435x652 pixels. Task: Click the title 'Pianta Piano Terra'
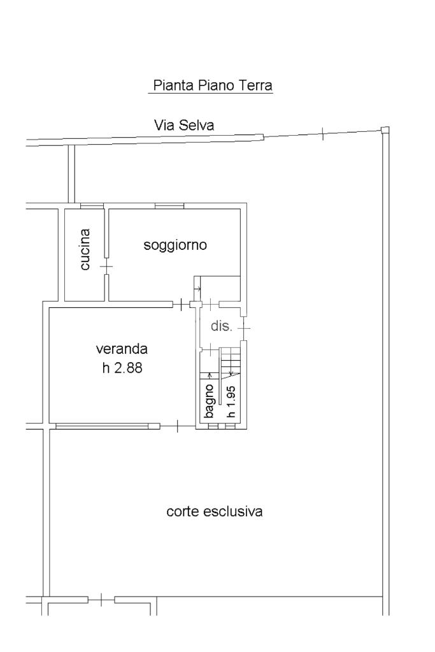click(x=212, y=85)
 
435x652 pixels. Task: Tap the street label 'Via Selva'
click(x=184, y=125)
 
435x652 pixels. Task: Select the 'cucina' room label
click(x=85, y=249)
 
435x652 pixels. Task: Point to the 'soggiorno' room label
click(x=175, y=245)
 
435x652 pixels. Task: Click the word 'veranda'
click(x=122, y=349)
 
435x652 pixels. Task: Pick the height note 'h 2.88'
click(x=122, y=368)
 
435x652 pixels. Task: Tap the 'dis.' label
click(x=221, y=326)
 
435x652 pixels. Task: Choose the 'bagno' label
click(x=208, y=402)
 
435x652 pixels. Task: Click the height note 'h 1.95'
click(x=231, y=402)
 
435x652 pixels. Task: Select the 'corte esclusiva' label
click(x=215, y=511)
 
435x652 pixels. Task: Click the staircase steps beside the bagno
click(x=231, y=361)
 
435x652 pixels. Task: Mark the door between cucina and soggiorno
click(x=106, y=266)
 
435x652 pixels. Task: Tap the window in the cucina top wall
click(x=92, y=205)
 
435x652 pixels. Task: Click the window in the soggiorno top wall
click(x=169, y=205)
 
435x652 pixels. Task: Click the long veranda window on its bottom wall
click(x=102, y=426)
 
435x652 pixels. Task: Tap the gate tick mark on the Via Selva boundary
click(x=322, y=133)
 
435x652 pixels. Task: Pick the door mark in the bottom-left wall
click(x=101, y=600)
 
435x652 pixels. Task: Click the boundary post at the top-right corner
click(x=385, y=130)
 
